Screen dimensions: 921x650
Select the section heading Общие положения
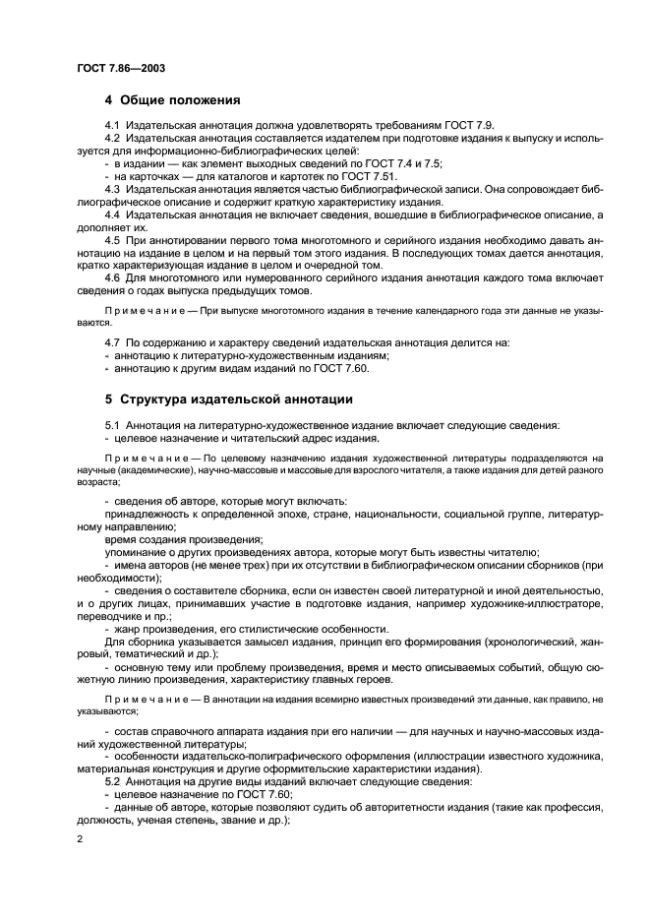177,100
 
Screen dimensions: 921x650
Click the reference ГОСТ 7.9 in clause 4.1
441,125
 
